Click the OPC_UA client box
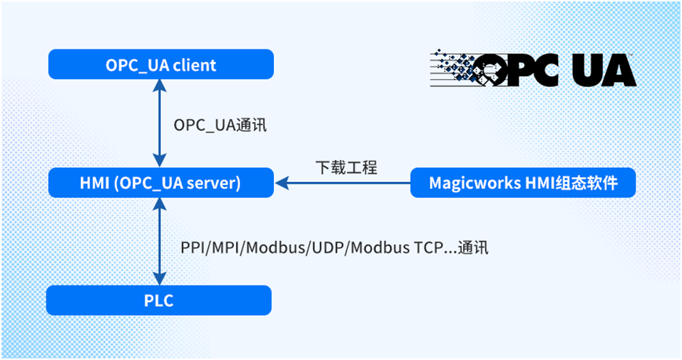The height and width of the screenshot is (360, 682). pyautogui.click(x=161, y=65)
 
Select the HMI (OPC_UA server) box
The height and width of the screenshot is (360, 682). pyautogui.click(x=161, y=184)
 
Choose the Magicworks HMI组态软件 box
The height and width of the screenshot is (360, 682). pyautogui.click(x=523, y=184)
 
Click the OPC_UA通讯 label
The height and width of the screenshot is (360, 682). pyautogui.click(x=221, y=125)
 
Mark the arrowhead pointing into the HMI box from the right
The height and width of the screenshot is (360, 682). pyautogui.click(x=280, y=184)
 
